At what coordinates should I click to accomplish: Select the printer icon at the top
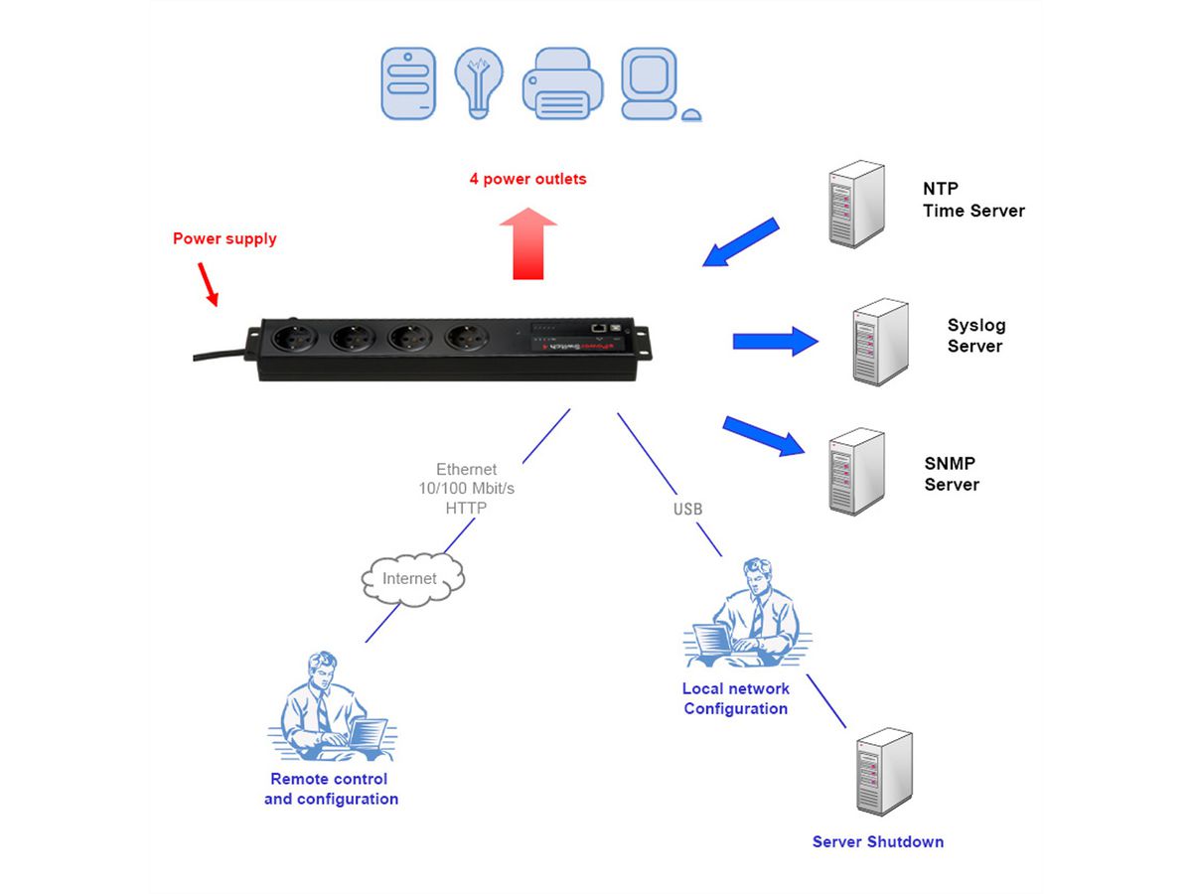pyautogui.click(x=562, y=85)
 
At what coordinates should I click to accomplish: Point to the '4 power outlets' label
pyautogui.click(x=527, y=180)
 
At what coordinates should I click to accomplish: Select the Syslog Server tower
pyautogui.click(x=880, y=342)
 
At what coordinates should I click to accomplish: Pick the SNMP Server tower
pyautogui.click(x=856, y=470)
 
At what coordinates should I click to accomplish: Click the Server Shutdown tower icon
pyautogui.click(x=883, y=772)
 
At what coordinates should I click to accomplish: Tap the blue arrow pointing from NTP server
pyautogui.click(x=741, y=242)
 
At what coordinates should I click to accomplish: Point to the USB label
pyautogui.click(x=687, y=510)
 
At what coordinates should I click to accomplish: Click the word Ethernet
pyautogui.click(x=466, y=469)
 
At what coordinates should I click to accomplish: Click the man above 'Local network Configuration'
pyautogui.click(x=747, y=615)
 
